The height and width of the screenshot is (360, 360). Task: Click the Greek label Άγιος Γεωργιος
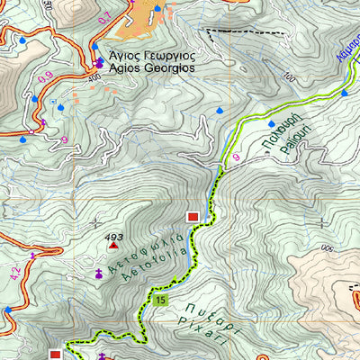click(x=153, y=52)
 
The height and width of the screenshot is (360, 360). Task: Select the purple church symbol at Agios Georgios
click(x=98, y=63)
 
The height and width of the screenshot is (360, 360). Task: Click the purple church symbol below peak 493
click(x=98, y=273)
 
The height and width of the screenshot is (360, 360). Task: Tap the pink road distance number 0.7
click(x=130, y=17)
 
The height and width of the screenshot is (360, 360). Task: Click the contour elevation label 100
click(x=288, y=78)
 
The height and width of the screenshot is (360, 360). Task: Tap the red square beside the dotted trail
click(x=193, y=217)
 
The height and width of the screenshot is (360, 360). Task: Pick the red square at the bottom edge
click(x=55, y=355)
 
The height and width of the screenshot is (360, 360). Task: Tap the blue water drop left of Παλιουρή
click(x=272, y=122)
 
